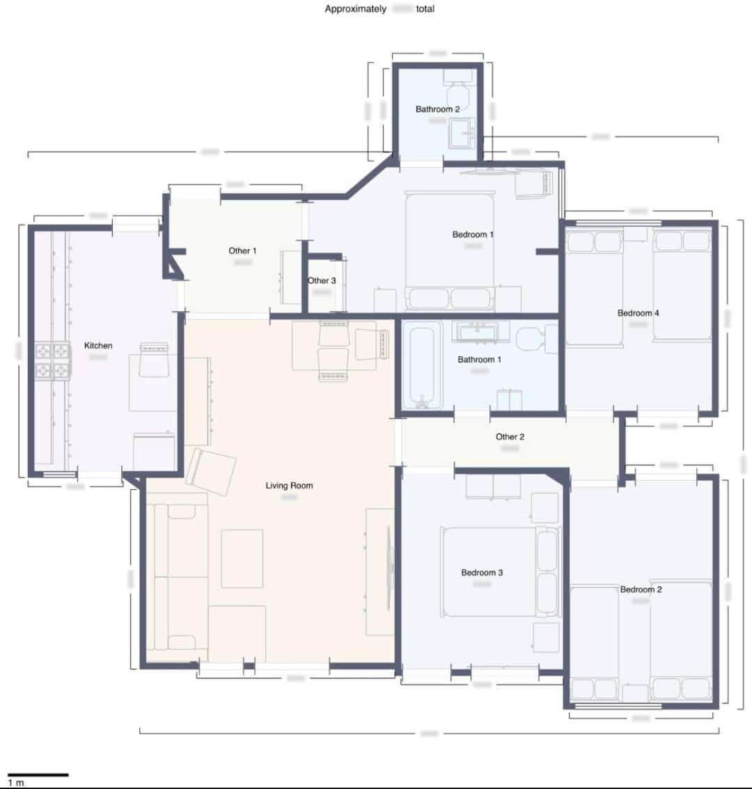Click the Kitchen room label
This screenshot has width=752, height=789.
(98, 346)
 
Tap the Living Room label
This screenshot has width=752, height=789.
(289, 486)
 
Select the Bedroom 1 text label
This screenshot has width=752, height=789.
(473, 234)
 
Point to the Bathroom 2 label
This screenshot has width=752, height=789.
(437, 109)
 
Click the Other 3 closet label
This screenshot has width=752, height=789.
(322, 280)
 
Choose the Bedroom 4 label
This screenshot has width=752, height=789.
(638, 313)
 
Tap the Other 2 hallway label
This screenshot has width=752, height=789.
(510, 437)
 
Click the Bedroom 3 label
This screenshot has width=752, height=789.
(482, 573)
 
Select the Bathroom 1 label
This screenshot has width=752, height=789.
(479, 360)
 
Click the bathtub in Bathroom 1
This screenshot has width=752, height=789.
(422, 365)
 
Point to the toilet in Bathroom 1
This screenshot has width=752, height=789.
(533, 338)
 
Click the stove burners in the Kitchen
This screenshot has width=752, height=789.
(53, 360)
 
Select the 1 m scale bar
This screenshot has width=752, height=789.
(38, 774)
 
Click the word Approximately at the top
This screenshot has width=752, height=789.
(355, 9)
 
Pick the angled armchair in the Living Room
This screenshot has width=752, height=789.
(212, 471)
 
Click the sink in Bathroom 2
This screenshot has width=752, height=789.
(461, 132)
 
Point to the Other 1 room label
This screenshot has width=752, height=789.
(242, 250)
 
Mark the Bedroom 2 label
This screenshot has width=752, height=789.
(641, 589)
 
